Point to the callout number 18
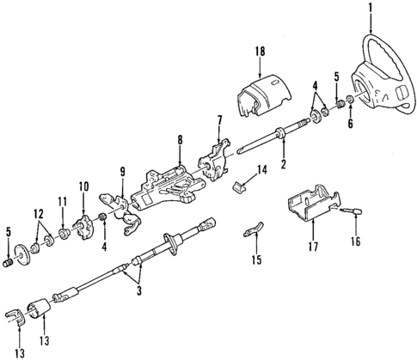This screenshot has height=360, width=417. pyautogui.click(x=256, y=52)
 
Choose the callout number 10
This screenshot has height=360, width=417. pyautogui.click(x=83, y=186)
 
